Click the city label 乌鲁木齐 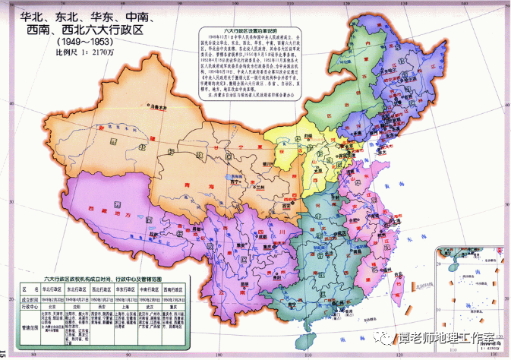pos(157,107)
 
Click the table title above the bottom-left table pos(101,279)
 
